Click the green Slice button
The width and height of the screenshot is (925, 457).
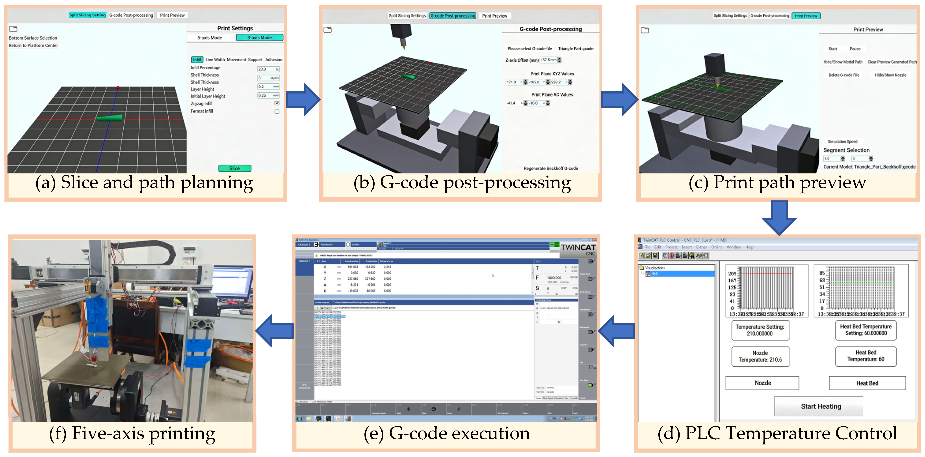coord(234,168)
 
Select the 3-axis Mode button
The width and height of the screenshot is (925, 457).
coord(259,37)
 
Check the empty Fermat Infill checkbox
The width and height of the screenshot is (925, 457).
coord(277,111)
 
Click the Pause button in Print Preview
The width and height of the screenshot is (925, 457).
coord(855,49)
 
